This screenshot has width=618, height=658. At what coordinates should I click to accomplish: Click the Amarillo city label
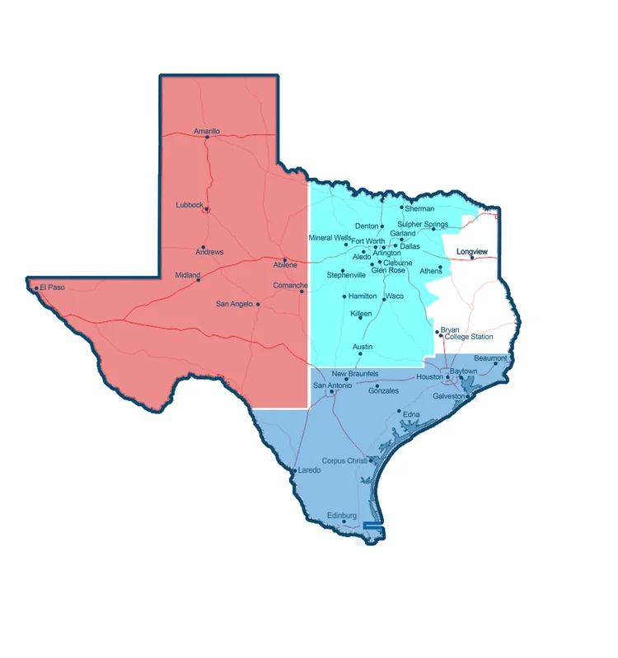click(207, 131)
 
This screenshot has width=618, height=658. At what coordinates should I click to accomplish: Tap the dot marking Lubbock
click(206, 209)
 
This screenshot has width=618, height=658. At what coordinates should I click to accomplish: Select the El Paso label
click(52, 287)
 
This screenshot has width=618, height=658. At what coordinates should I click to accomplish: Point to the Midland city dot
click(198, 280)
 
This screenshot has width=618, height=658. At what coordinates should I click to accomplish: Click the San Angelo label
click(233, 304)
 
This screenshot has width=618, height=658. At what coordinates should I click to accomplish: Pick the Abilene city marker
click(285, 259)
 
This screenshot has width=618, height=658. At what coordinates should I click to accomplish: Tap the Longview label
click(472, 250)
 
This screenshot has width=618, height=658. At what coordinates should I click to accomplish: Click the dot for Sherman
click(402, 208)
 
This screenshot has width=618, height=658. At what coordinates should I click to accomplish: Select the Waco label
click(395, 296)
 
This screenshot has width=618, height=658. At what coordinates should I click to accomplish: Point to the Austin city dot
click(360, 354)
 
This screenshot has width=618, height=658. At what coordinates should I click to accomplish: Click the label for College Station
click(469, 337)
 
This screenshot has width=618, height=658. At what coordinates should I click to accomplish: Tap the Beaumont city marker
click(495, 364)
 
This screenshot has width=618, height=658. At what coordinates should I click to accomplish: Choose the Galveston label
click(449, 396)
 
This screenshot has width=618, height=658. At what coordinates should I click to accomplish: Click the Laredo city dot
click(294, 471)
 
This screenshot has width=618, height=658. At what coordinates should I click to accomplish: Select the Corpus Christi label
click(344, 461)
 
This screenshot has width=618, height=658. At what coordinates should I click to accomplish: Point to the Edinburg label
click(342, 516)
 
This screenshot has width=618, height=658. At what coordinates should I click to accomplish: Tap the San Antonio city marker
click(331, 392)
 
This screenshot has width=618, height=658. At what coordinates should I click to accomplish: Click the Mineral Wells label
click(330, 238)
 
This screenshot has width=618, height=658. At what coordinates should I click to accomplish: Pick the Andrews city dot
click(203, 247)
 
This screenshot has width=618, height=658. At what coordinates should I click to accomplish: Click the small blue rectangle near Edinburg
click(374, 525)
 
